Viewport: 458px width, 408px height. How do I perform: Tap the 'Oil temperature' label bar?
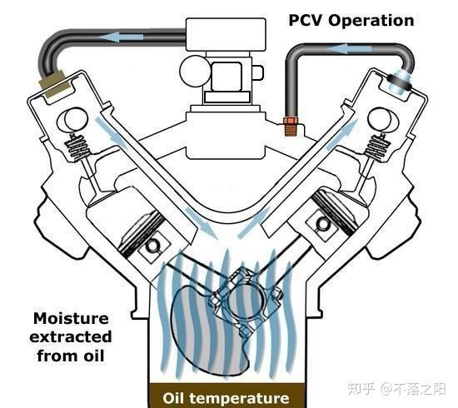pos(226,398)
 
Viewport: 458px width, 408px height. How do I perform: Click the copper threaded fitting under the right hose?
pos(291,127)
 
